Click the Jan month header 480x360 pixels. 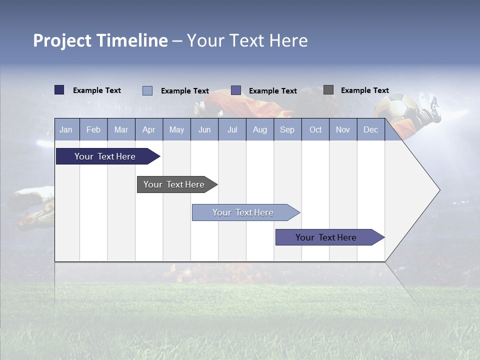coord(66,129)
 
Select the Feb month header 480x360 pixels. coord(93,129)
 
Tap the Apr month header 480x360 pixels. coord(148,129)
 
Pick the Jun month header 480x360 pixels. coord(204,129)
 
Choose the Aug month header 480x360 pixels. coord(259,129)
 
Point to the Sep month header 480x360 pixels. coord(287,129)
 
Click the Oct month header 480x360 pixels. coord(315,129)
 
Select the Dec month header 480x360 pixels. coord(370,129)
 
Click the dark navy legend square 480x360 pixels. coord(59,90)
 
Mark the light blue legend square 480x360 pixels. coord(147,90)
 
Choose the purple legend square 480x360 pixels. coord(236,90)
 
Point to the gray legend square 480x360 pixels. coord(328,90)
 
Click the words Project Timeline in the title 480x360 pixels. coord(100,40)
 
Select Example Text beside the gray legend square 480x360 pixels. coord(364,90)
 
